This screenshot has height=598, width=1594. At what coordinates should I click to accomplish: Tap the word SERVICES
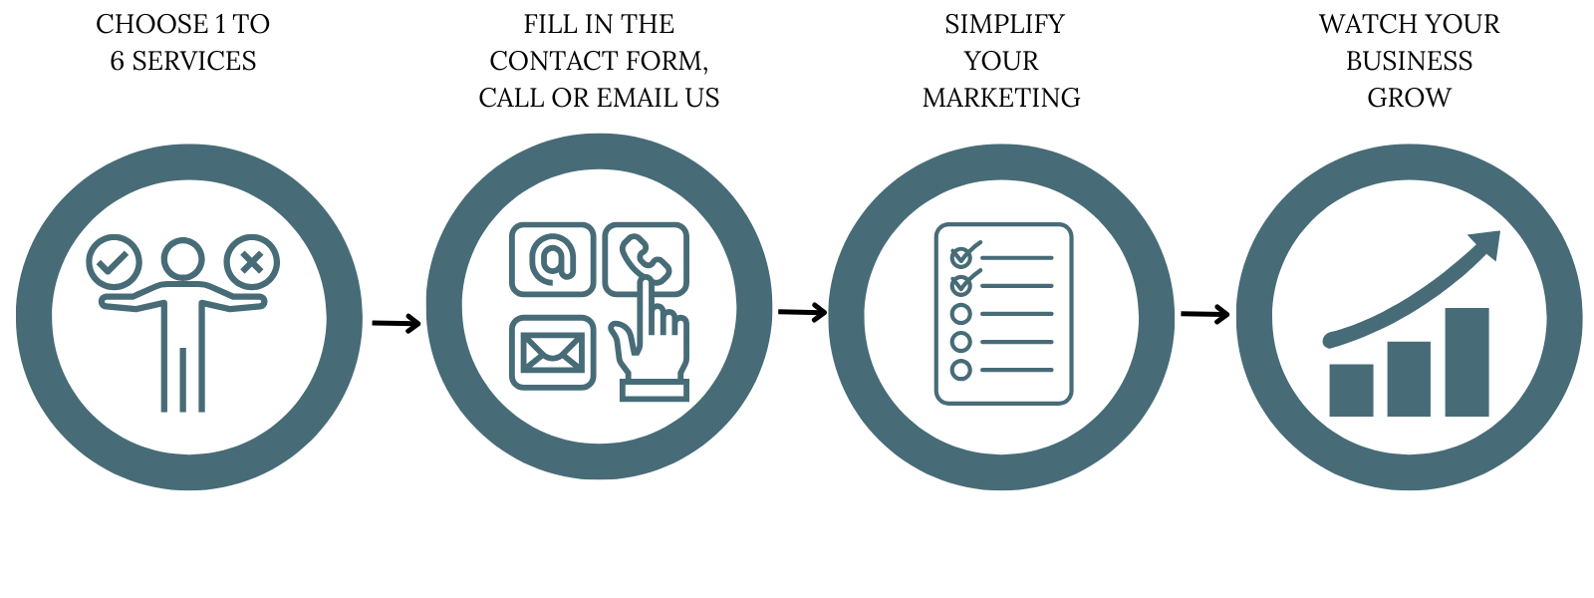tap(194, 61)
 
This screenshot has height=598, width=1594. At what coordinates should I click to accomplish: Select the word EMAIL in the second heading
tap(638, 98)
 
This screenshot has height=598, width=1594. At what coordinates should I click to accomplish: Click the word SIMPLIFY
tap(1004, 24)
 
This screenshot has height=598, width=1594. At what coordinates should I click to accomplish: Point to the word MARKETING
tap(1001, 98)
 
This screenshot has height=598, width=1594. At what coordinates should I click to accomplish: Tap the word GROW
tap(1409, 98)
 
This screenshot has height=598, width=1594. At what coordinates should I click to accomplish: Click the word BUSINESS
tap(1409, 61)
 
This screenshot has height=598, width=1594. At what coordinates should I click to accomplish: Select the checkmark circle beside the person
tap(114, 262)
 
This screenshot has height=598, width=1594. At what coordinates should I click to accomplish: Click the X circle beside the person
tap(251, 262)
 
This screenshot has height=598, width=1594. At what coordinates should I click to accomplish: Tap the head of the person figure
tap(183, 259)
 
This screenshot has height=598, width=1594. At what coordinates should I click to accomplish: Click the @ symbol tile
tap(552, 259)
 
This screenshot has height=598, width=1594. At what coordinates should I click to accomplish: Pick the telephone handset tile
tap(646, 257)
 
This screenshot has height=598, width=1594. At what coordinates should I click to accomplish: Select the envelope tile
tap(552, 352)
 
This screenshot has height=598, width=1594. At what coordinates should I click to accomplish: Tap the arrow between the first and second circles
tap(397, 323)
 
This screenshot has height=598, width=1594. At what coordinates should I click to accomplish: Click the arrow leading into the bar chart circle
tap(1205, 315)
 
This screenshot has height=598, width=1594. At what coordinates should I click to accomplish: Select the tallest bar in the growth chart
tap(1466, 362)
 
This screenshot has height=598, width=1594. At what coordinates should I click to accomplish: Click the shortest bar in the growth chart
tap(1351, 390)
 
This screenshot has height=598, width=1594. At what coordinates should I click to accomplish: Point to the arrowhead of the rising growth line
tap(1486, 243)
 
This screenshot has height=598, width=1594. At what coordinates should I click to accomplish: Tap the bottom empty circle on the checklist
tap(961, 370)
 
